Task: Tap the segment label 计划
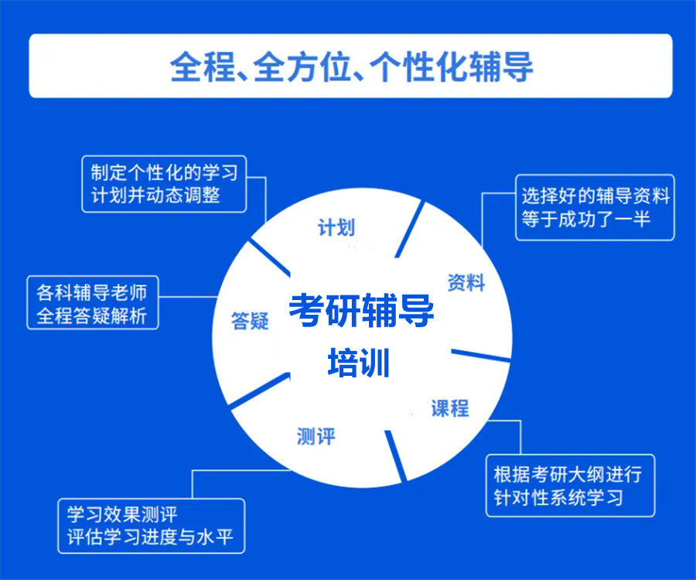tap(336, 227)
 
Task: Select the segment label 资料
tap(466, 282)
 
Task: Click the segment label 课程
tap(450, 408)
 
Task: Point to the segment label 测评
tap(316, 436)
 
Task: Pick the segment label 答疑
tap(250, 320)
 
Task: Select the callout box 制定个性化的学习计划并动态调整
tap(164, 183)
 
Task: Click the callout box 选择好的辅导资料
tap(595, 206)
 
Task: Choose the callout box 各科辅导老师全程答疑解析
tap(92, 305)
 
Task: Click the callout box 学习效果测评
tap(151, 526)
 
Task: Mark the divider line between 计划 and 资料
tap(410, 228)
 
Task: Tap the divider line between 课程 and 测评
tap(395, 455)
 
